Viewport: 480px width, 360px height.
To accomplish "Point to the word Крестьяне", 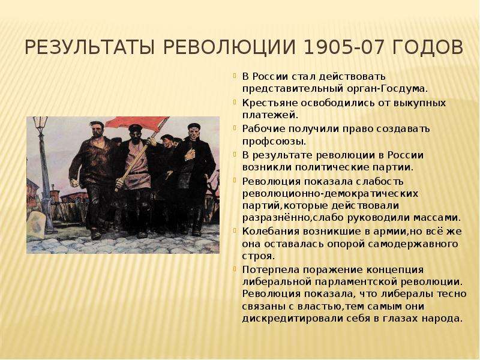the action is [x=269, y=103].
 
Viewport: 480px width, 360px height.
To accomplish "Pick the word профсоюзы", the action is [x=274, y=142].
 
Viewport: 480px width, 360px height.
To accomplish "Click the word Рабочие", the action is [x=263, y=129].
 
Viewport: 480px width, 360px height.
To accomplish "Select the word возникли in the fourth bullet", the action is [x=266, y=167].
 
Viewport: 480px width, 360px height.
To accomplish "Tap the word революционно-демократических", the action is [x=330, y=194].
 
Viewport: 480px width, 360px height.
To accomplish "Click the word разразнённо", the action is [x=275, y=218].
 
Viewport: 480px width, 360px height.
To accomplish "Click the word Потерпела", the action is [x=271, y=270].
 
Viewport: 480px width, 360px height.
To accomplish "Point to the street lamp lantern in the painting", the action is [x=40, y=122].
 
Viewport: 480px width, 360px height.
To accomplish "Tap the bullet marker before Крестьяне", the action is [x=235, y=102].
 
